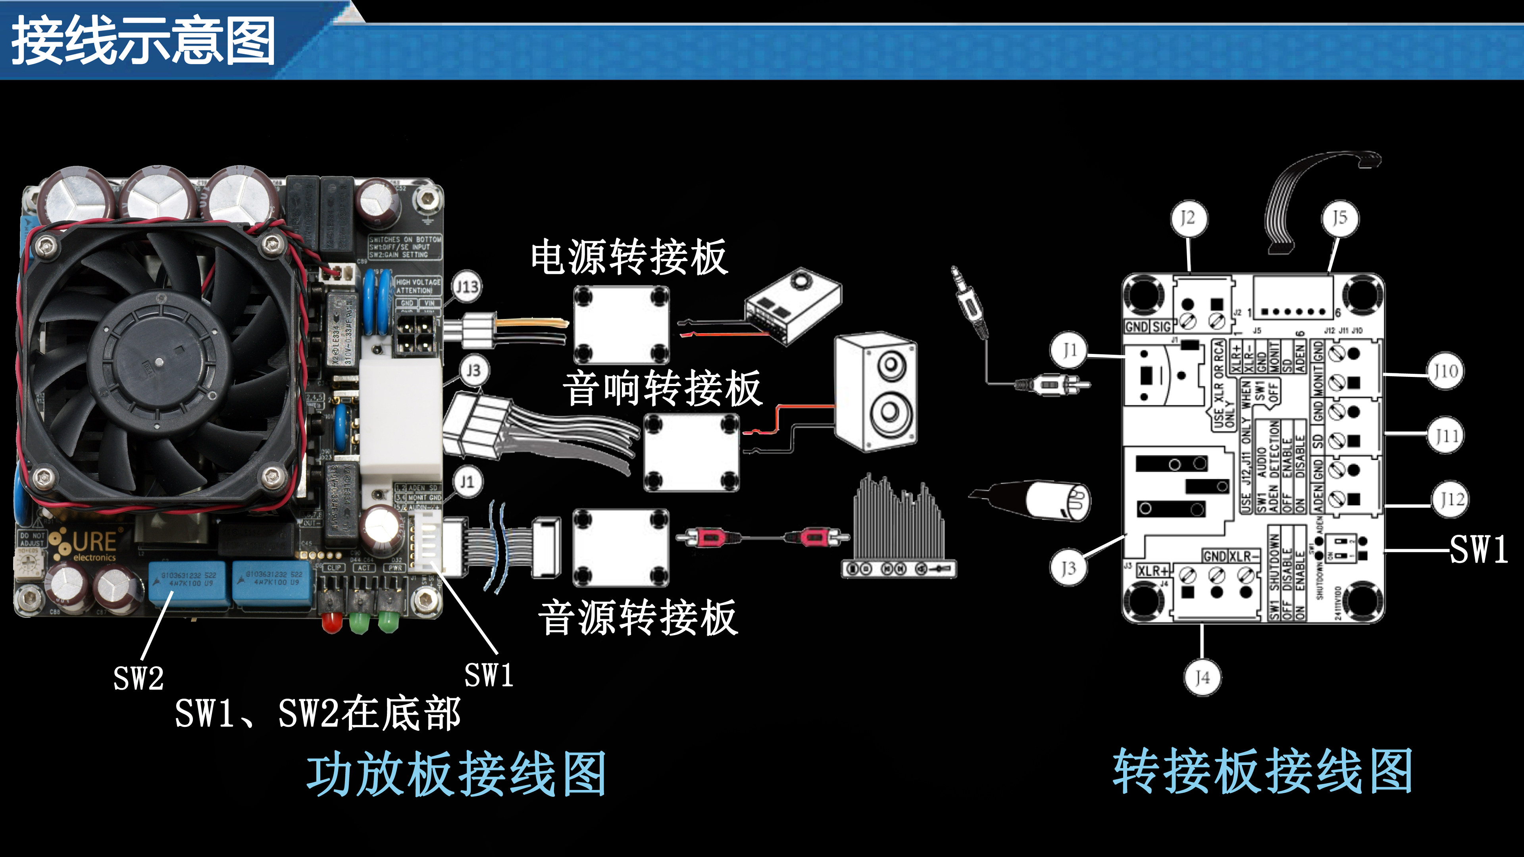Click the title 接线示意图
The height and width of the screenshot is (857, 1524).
[x=143, y=41]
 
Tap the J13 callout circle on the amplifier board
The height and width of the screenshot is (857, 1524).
[x=467, y=287]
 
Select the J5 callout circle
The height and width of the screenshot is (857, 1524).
[x=1339, y=218]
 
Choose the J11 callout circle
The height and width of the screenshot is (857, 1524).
[x=1446, y=436]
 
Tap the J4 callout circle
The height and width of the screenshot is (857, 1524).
[x=1202, y=677]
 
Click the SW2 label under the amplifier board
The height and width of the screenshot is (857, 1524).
[x=139, y=678]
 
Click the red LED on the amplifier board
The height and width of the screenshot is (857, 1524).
[x=332, y=621]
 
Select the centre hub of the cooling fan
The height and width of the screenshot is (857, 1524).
[x=159, y=360]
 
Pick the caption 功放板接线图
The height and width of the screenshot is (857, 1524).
[x=456, y=774]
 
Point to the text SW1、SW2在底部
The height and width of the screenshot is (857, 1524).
[x=317, y=713]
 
